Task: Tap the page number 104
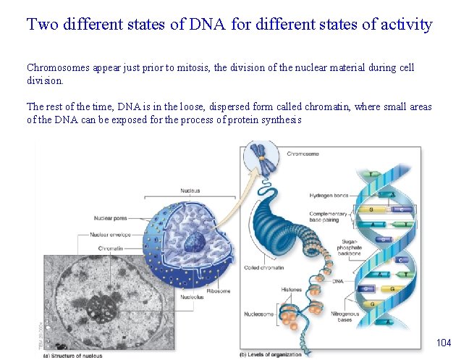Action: (443, 341)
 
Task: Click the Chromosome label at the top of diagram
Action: (303, 154)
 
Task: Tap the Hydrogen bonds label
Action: (329, 196)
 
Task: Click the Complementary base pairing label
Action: (330, 217)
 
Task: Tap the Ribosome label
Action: (218, 290)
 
